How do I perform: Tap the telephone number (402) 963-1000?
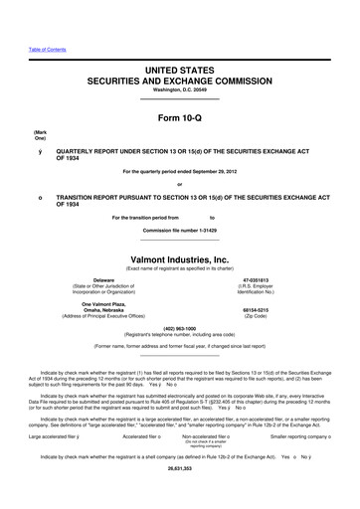click(180, 328)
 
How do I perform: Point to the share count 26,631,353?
click(180, 494)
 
